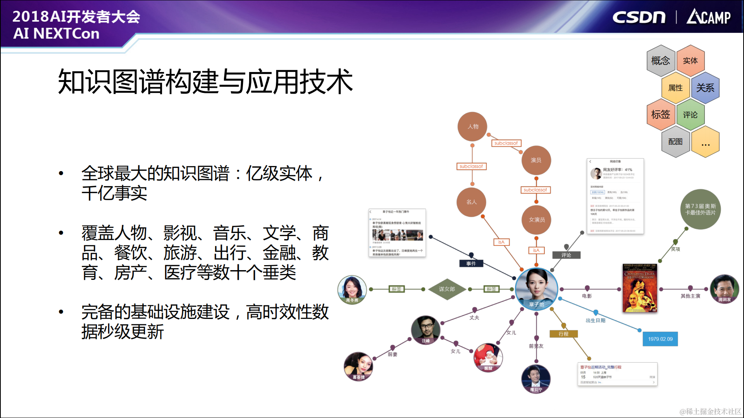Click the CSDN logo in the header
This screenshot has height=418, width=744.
point(639,17)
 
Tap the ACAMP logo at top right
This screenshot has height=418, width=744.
point(708,17)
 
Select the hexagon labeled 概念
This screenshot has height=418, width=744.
point(661,61)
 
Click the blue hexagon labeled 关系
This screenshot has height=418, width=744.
point(705,88)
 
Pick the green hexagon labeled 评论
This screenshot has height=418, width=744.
point(690,115)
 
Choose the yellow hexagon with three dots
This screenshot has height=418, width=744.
point(705,142)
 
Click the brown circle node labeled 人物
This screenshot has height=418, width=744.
point(472,127)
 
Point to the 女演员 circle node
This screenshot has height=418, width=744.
point(537,219)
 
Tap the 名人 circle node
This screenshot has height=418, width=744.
point(471,202)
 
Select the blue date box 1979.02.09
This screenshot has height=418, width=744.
point(660,339)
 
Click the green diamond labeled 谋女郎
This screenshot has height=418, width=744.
point(447,289)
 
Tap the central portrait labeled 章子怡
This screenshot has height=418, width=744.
point(536,288)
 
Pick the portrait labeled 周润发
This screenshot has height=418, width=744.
point(724,289)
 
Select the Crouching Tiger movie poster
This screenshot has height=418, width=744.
point(639,288)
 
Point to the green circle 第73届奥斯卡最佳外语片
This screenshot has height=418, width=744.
point(700,209)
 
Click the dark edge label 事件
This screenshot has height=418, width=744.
point(471,264)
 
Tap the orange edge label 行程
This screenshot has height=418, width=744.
point(563,334)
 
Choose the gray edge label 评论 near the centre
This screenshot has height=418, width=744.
point(566,255)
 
